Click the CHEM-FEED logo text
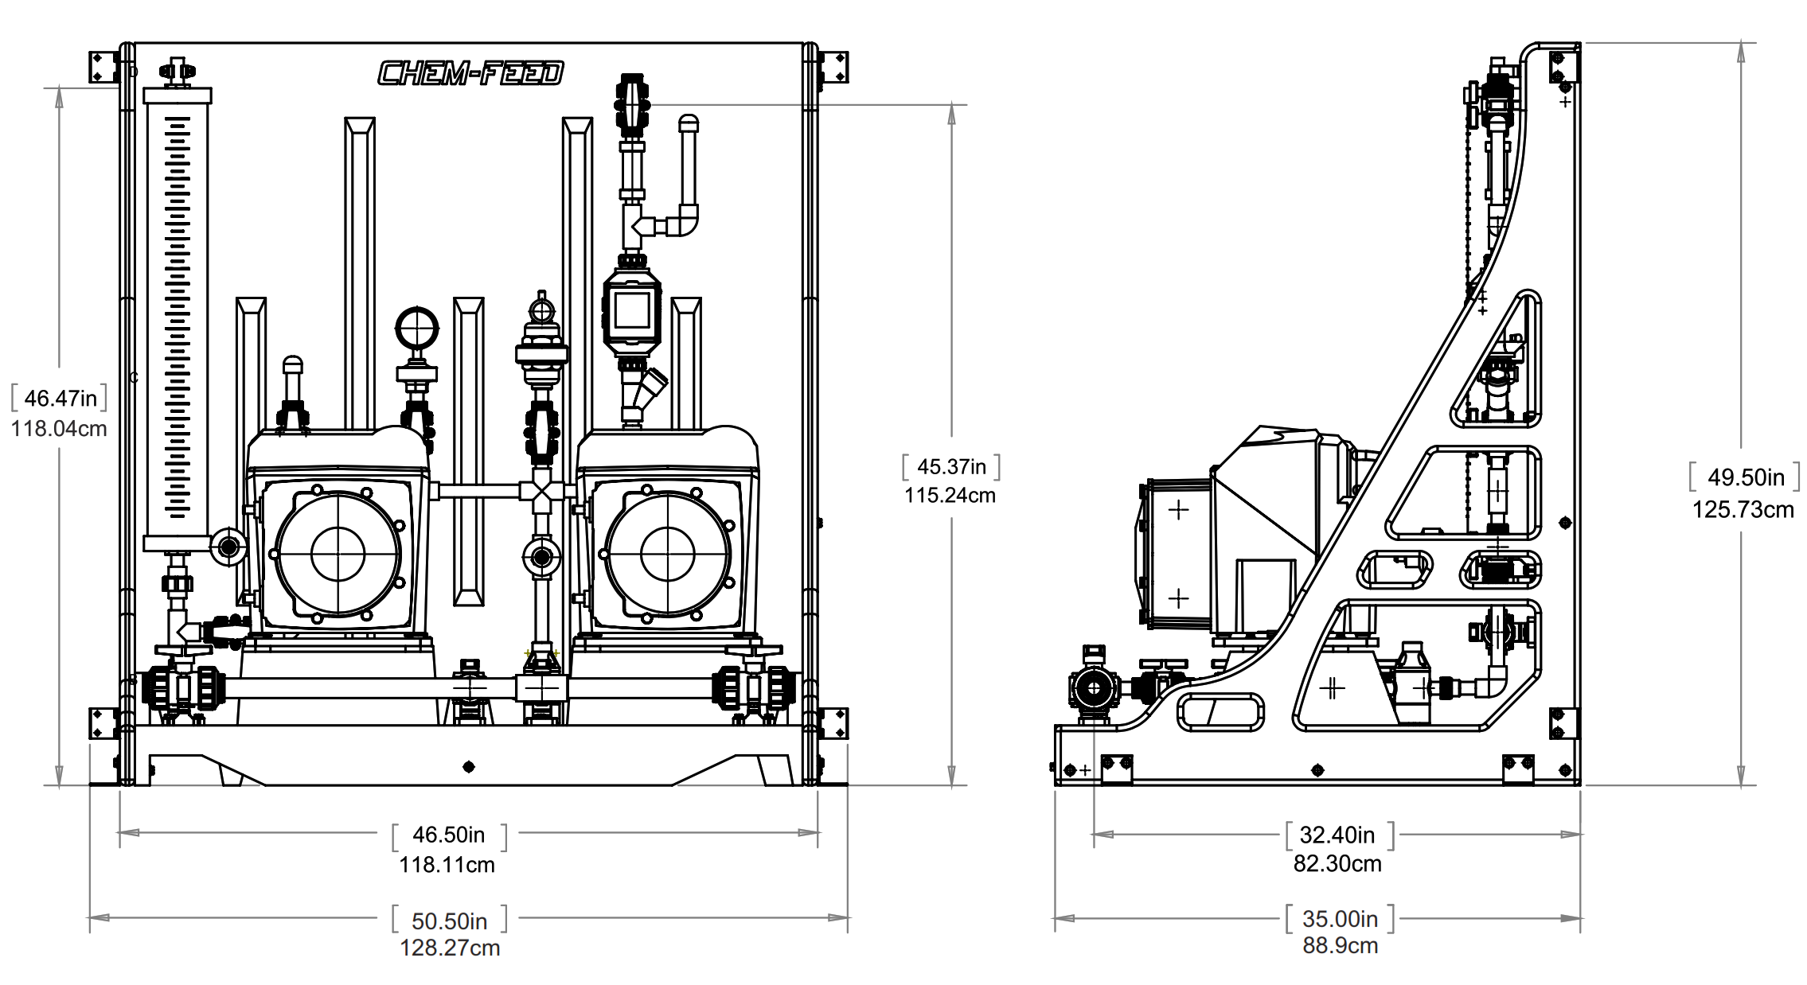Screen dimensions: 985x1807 click(470, 73)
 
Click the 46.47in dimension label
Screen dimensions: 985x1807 click(60, 398)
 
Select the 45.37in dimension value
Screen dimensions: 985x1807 click(951, 466)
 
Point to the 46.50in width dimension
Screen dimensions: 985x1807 click(448, 835)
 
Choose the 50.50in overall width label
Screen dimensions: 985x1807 click(449, 921)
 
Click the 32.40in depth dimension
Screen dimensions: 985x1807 click(1337, 835)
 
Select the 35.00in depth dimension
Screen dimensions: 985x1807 click(1340, 919)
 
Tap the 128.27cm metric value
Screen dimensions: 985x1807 click(450, 948)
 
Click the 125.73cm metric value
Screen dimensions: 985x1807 click(1743, 510)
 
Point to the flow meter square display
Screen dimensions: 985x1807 click(632, 310)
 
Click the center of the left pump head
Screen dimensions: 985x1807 click(338, 554)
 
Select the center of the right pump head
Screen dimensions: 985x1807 click(668, 554)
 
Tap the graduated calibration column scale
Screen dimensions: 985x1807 click(178, 318)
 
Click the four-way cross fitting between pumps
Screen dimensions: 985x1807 click(541, 492)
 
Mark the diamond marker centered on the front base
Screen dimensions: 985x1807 click(469, 766)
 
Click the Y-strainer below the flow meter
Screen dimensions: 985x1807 click(645, 393)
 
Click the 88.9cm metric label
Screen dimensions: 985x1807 click(1340, 946)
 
